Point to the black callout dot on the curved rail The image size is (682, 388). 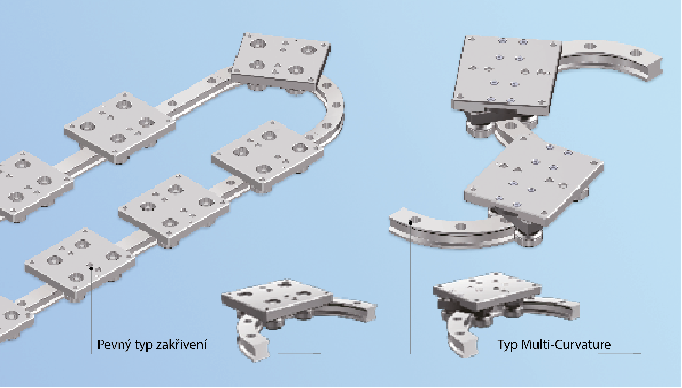click(x=411, y=223)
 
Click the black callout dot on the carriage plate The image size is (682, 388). click(x=91, y=269)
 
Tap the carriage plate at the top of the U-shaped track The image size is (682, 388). click(x=281, y=61)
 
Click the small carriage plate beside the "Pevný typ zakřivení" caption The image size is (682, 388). click(x=277, y=299)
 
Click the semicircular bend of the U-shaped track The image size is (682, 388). click(x=331, y=109)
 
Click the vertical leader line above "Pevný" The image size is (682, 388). click(x=91, y=311)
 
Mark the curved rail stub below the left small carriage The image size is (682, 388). click(x=252, y=339)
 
